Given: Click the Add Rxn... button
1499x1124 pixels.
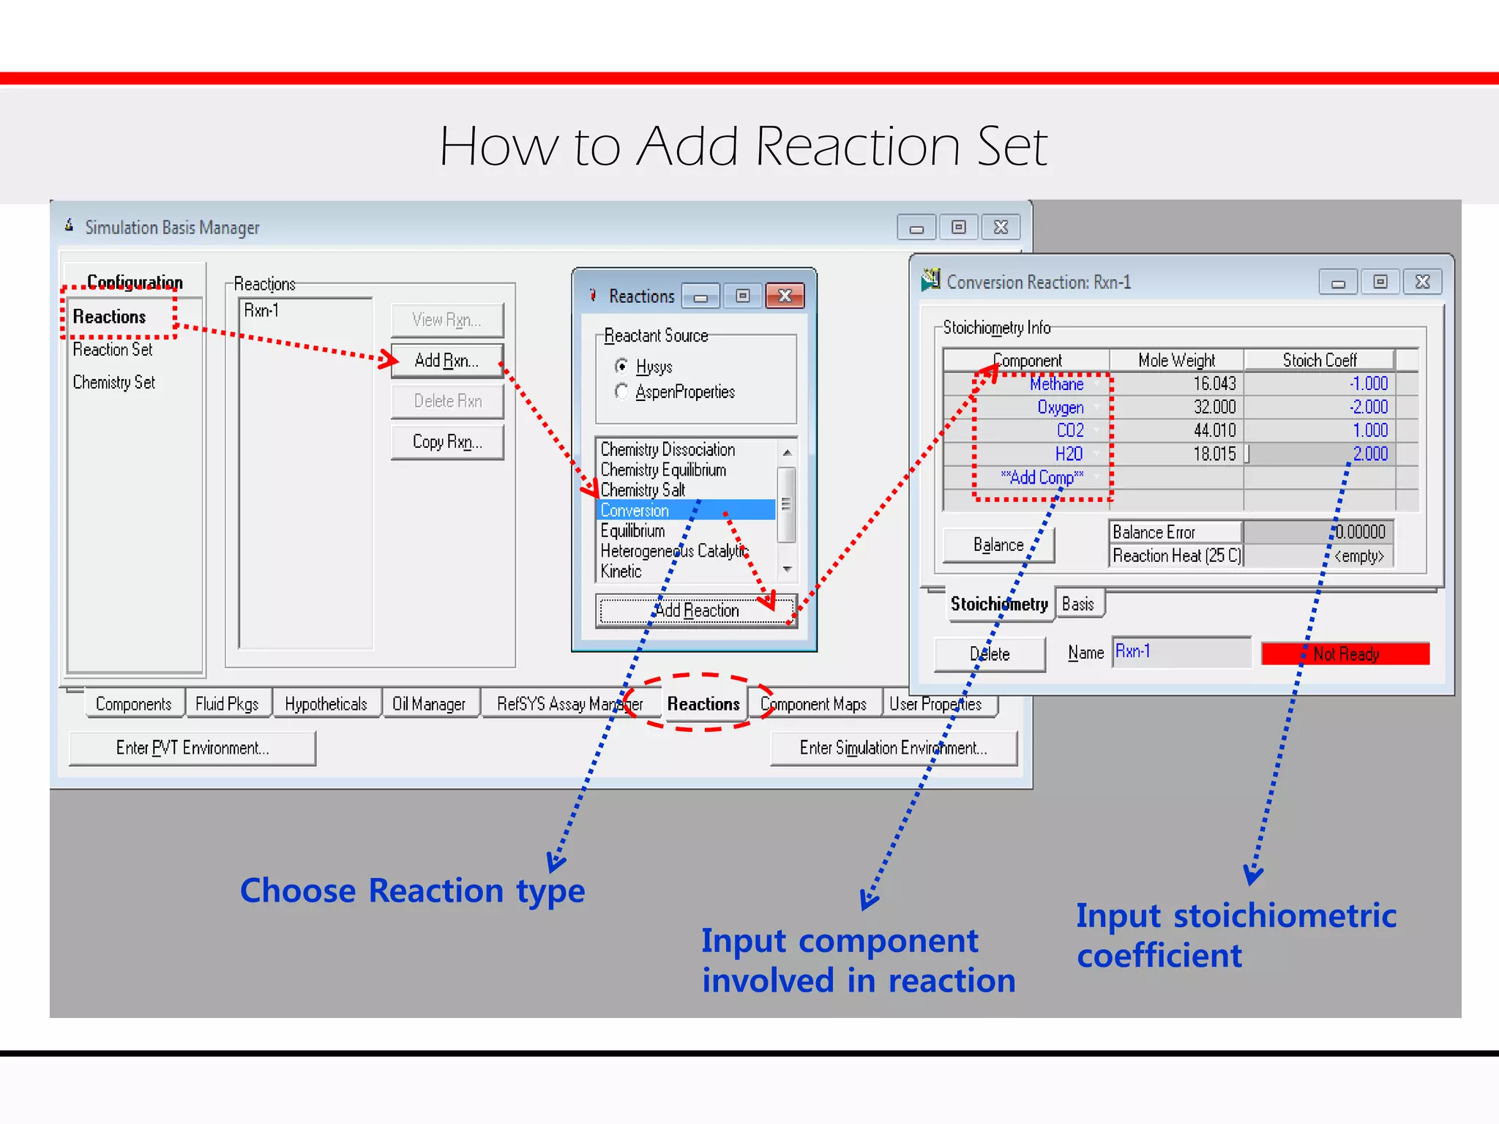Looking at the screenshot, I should point(446,361).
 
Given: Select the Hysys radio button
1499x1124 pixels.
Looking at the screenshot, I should point(622,366).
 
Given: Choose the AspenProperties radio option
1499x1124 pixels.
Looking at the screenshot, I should point(622,391).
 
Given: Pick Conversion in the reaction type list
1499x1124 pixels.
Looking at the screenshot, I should point(635,510).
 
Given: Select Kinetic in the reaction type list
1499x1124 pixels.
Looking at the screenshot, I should point(621,571).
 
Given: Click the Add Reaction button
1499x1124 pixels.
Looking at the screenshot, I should point(696,610).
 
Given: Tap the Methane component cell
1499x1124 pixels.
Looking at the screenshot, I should point(1056,383).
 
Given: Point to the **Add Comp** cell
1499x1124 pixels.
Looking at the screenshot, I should point(1042,477).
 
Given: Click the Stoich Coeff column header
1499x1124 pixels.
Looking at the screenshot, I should point(1319,360).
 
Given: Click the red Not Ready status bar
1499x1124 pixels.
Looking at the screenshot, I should point(1345,653).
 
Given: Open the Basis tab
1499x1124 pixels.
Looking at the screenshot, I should point(1077,604).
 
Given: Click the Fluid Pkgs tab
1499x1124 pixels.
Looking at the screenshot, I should point(227,704).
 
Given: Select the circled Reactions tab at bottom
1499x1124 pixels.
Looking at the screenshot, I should point(703,704).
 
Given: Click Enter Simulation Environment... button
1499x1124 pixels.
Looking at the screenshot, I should point(893,748).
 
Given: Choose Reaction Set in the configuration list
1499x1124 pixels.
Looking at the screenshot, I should point(113,350).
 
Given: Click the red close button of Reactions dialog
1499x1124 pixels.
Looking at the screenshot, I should point(785,296).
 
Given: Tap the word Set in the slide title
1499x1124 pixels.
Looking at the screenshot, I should point(1012,146).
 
